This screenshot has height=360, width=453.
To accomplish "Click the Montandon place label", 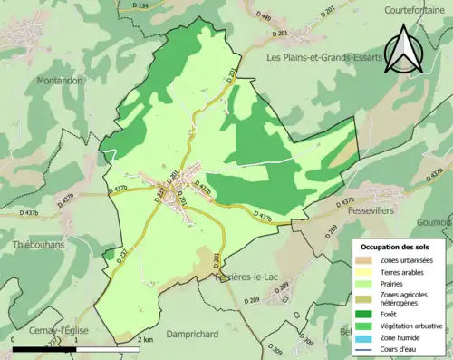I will pyautogui.click(x=59, y=81).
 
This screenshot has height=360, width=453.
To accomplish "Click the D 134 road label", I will pyautogui.click(x=140, y=6).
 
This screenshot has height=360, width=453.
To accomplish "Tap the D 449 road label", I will pyautogui.click(x=237, y=16).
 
